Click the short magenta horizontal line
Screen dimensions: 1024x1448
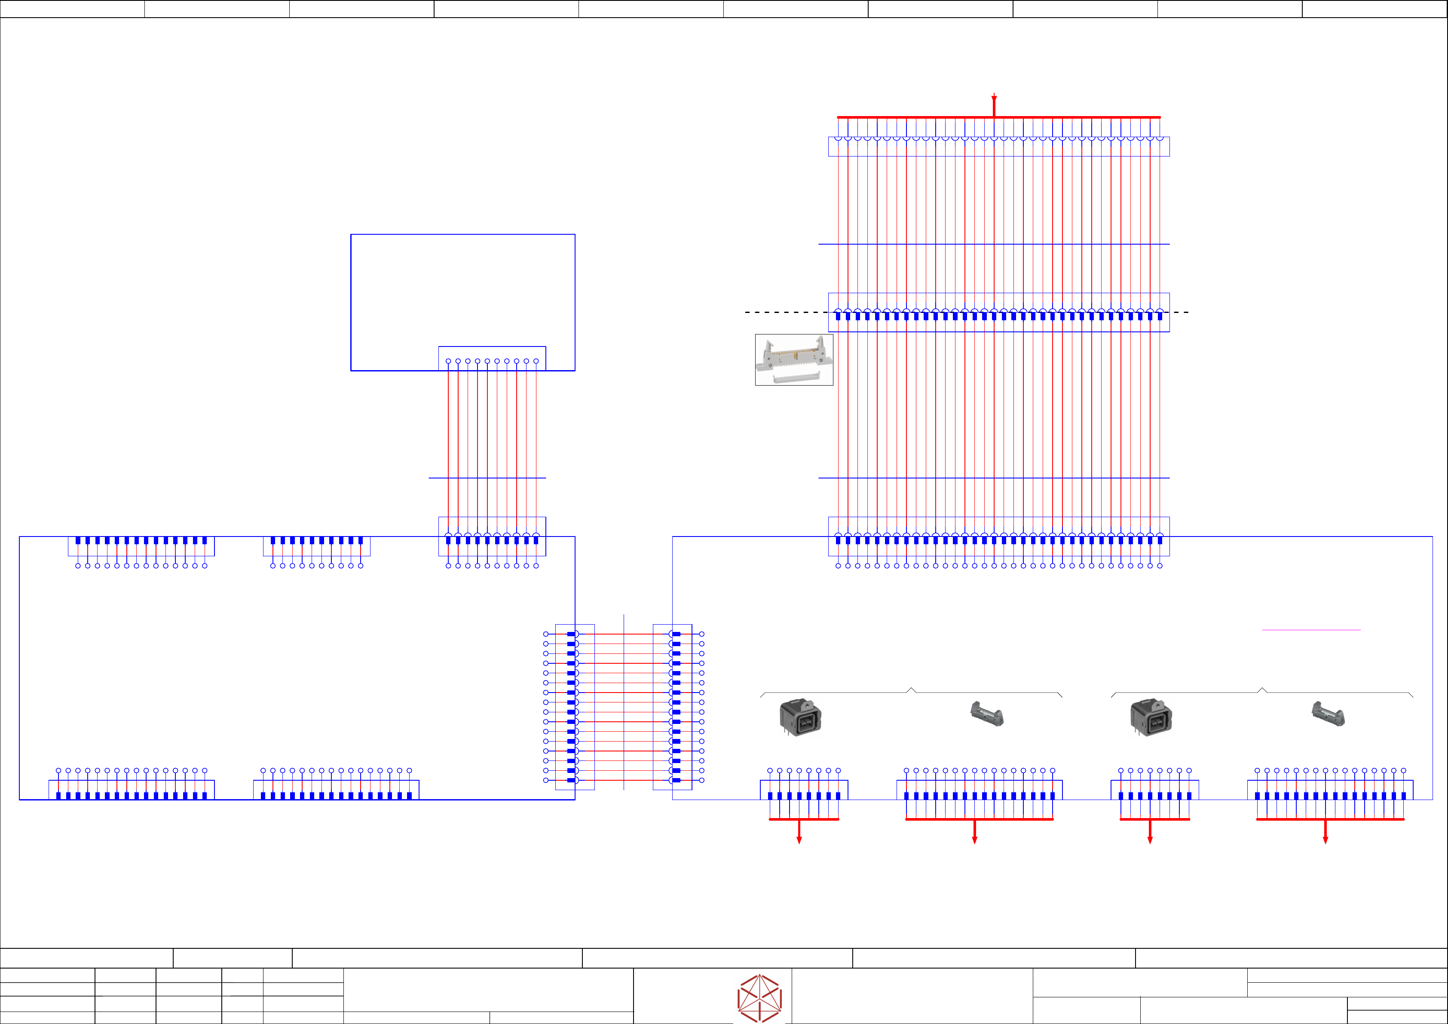[x=1311, y=630]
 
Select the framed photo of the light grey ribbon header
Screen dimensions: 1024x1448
[x=794, y=360]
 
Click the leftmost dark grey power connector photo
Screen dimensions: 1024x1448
[x=800, y=717]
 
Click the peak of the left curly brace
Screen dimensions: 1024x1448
[x=911, y=689]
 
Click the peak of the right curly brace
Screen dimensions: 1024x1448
[x=1261, y=689]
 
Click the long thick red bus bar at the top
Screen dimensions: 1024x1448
[x=915, y=117]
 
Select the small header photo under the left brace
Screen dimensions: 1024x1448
[x=986, y=714]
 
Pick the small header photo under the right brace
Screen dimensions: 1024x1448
[x=1328, y=714]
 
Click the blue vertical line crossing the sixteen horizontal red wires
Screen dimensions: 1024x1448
[x=624, y=700]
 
